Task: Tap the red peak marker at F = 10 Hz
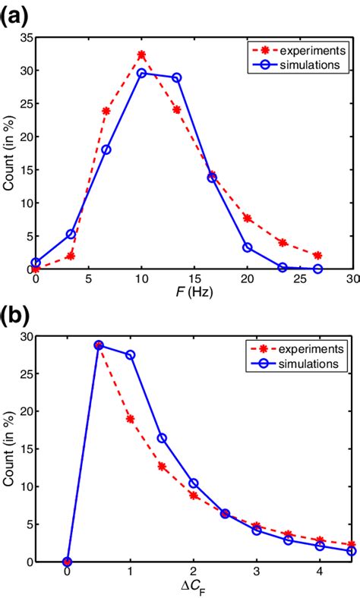tap(141, 55)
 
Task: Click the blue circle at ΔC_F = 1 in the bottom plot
tap(130, 354)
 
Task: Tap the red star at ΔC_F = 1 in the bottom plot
tap(130, 418)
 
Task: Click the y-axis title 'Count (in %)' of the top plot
tap(9, 153)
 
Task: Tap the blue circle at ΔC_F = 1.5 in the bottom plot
tap(162, 438)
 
